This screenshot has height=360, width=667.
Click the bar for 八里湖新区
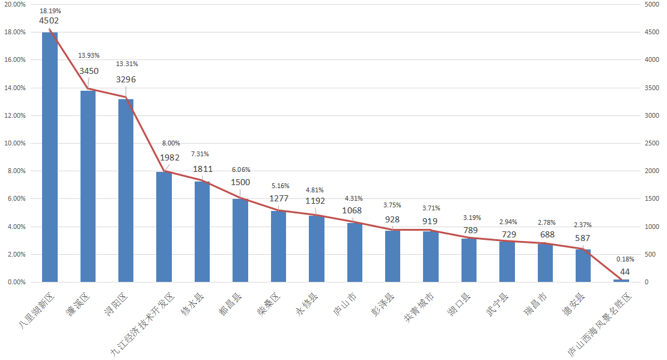(x=50, y=156)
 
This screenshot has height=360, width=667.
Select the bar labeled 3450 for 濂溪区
(x=88, y=186)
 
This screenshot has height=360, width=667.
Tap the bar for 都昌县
(x=240, y=240)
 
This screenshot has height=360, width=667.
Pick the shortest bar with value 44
(x=621, y=280)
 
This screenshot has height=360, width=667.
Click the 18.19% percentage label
(x=50, y=11)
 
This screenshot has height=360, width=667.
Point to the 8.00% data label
(x=171, y=144)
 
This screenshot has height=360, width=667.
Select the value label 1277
(x=279, y=198)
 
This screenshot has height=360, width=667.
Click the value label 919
(x=431, y=221)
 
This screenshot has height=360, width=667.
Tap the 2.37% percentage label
(x=583, y=225)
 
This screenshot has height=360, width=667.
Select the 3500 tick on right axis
(x=652, y=88)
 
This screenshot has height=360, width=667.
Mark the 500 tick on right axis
(x=650, y=254)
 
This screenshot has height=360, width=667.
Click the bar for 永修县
(x=317, y=249)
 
